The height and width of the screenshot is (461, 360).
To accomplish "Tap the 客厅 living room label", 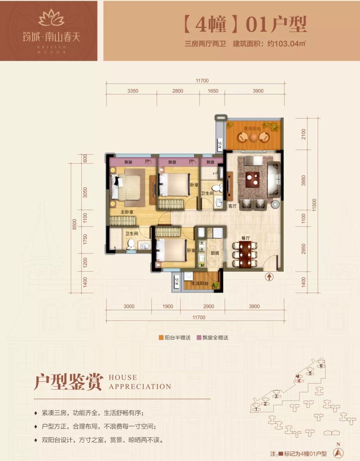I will pyautogui.click(x=232, y=206).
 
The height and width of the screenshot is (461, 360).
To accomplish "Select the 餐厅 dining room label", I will pyautogui.click(x=246, y=238).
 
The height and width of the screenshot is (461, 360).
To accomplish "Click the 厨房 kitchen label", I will pyautogui.click(x=215, y=253).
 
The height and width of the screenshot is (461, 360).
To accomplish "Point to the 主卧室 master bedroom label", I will pyautogui.click(x=127, y=212).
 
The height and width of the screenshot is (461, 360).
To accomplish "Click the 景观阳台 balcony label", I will pyautogui.click(x=252, y=129).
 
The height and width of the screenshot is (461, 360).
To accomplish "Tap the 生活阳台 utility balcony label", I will pyautogui.click(x=200, y=283).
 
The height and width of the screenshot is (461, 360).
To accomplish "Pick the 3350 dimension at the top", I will pyautogui.click(x=133, y=91).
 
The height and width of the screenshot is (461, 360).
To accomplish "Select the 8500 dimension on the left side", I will pyautogui.click(x=75, y=224).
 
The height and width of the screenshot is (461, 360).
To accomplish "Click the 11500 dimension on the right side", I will pyautogui.click(x=314, y=205).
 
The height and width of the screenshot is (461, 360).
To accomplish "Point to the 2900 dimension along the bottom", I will pyautogui.click(x=209, y=306).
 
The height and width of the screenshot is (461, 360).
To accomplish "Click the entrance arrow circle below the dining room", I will pyautogui.click(x=269, y=277).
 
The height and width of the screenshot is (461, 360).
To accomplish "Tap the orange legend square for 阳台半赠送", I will pyautogui.click(x=161, y=338).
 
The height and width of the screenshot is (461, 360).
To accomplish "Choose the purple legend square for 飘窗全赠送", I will pyautogui.click(x=199, y=338).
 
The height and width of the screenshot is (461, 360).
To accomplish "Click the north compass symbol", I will pyautogui.click(x=338, y=452).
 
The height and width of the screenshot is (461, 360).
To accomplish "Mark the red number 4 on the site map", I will pyautogui.click(x=299, y=381).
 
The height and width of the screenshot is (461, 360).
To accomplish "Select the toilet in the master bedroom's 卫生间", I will pyautogui.click(x=131, y=245).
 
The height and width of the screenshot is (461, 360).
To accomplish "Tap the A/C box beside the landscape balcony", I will pyautogui.click(x=220, y=145).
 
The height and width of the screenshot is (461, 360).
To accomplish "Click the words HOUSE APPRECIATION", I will pyautogui.click(x=140, y=382).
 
